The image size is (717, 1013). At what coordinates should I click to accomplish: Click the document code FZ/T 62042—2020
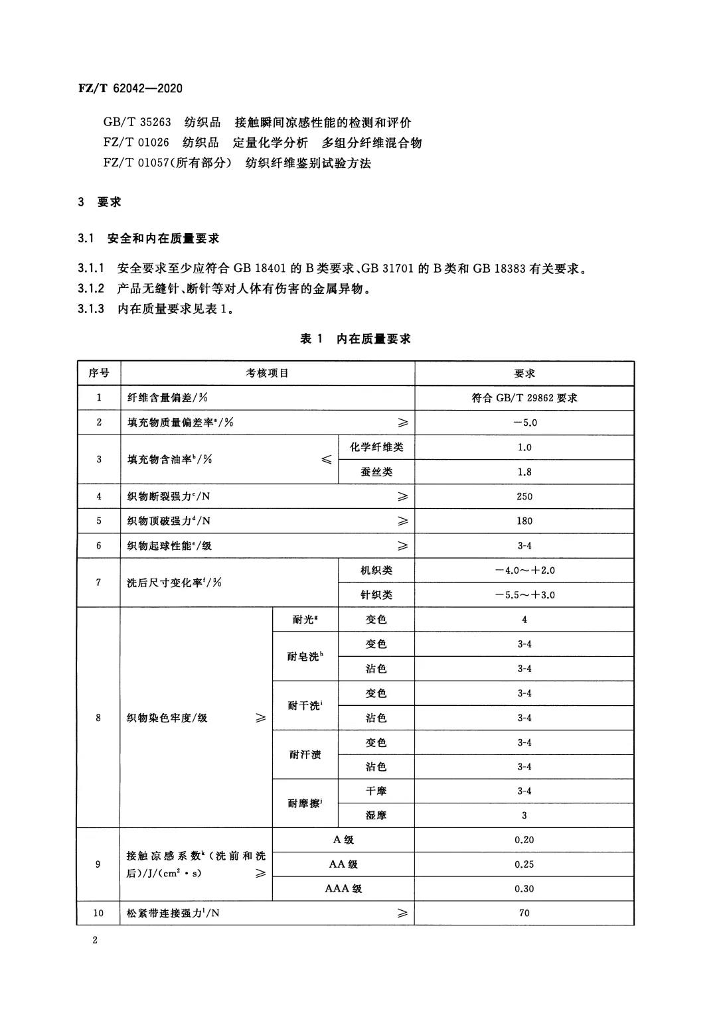(x=130, y=89)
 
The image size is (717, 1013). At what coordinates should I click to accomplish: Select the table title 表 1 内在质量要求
(x=356, y=339)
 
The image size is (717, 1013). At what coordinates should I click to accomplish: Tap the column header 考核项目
(x=268, y=373)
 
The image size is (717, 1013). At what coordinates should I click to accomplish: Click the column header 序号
(x=99, y=373)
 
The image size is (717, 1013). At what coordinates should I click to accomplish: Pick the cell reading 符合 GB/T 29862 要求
(x=524, y=398)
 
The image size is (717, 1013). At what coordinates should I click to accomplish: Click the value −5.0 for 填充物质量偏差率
(x=524, y=423)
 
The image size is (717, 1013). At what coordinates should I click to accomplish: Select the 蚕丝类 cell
(x=376, y=472)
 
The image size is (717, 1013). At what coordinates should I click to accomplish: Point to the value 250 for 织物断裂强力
(x=524, y=496)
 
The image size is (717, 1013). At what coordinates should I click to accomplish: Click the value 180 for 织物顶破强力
(x=524, y=521)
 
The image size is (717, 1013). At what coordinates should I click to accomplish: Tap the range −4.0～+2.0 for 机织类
(x=524, y=570)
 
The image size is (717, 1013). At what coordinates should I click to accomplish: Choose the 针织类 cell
(x=376, y=594)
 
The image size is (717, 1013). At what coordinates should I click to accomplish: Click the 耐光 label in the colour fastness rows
(x=305, y=620)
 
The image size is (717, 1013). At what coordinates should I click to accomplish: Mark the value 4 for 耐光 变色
(x=524, y=620)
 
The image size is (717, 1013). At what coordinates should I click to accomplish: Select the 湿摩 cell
(x=376, y=815)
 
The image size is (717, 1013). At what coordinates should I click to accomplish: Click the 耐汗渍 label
(x=305, y=754)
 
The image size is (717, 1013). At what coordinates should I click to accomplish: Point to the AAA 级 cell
(x=343, y=889)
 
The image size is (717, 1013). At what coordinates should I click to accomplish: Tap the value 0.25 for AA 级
(x=524, y=864)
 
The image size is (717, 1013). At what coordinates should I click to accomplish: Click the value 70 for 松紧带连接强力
(x=524, y=913)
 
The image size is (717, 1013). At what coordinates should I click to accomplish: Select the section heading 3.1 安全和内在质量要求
(x=149, y=238)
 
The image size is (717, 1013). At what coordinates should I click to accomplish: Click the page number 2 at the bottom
(x=95, y=940)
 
